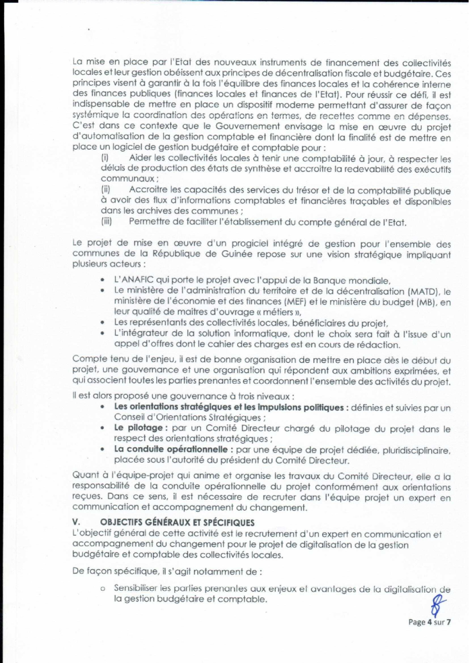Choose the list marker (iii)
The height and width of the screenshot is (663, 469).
tap(106, 221)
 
